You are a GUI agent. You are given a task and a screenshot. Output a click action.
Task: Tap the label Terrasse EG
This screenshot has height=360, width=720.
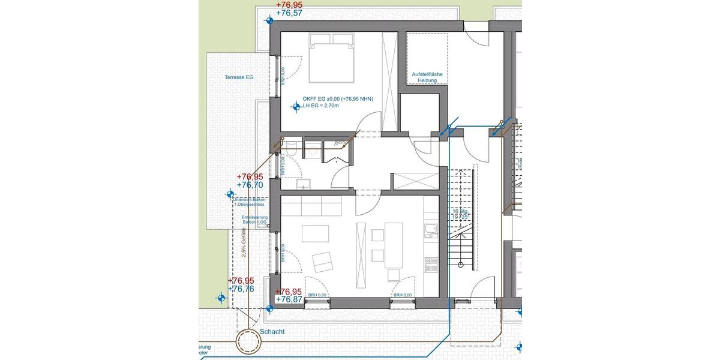[239, 77]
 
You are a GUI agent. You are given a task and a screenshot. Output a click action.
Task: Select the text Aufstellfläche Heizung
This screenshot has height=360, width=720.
[427, 77]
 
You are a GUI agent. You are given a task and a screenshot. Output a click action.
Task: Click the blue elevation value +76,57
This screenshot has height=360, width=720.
[289, 13]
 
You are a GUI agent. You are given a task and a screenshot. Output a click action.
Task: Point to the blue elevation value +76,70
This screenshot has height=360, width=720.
[250, 185]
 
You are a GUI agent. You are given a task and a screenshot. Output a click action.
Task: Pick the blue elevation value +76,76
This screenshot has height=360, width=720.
[241, 289]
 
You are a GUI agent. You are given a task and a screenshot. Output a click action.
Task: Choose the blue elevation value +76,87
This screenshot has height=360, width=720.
[289, 299]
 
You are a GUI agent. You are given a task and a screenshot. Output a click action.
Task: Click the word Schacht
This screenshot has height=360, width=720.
[272, 332]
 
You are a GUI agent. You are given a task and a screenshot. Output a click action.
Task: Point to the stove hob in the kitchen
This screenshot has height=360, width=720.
[430, 262]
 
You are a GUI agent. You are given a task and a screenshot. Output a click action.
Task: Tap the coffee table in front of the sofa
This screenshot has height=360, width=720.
[315, 233]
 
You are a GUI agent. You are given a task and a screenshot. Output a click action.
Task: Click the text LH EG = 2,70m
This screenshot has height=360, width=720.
[321, 106]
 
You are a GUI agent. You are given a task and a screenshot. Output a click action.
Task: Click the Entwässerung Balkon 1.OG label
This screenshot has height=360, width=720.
[254, 220]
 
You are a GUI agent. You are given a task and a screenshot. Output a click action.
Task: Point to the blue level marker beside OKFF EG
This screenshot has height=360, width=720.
[295, 107]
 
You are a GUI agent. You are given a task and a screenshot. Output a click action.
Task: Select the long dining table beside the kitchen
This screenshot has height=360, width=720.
[394, 245]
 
